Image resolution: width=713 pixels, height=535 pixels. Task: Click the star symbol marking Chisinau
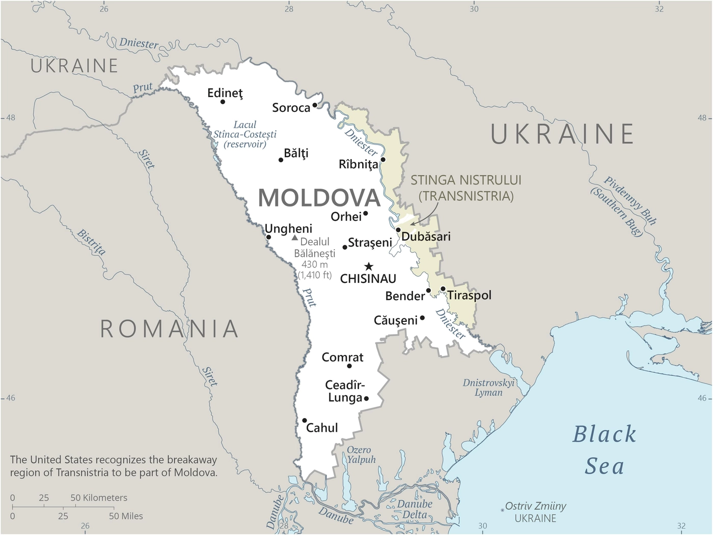pyautogui.click(x=369, y=266)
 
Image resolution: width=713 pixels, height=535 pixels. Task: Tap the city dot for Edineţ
pyautogui.click(x=223, y=102)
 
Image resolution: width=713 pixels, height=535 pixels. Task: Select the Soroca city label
pyautogui.click(x=291, y=108)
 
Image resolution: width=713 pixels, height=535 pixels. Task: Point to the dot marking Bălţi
pyautogui.click(x=281, y=160)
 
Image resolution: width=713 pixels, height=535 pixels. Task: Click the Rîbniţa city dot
pyautogui.click(x=383, y=160)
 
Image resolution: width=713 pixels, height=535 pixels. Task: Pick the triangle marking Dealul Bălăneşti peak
pyautogui.click(x=294, y=237)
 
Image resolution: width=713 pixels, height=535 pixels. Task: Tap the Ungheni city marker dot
pyautogui.click(x=268, y=237)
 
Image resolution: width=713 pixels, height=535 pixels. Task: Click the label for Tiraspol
pyautogui.click(x=469, y=295)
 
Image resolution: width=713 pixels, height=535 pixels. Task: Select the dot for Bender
pyautogui.click(x=429, y=290)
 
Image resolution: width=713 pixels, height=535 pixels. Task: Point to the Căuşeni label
pyautogui.click(x=395, y=320)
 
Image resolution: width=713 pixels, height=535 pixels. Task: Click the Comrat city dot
pyautogui.click(x=349, y=366)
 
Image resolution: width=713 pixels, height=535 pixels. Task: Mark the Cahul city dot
pyautogui.click(x=305, y=421)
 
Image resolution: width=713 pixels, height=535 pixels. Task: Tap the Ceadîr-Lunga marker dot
pyautogui.click(x=366, y=398)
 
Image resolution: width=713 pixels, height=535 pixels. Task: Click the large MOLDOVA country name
pyautogui.click(x=319, y=198)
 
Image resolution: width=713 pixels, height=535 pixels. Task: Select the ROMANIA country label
pyautogui.click(x=169, y=329)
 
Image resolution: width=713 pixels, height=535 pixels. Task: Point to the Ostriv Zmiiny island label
pyautogui.click(x=535, y=507)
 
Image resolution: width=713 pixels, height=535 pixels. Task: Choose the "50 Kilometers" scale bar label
pyautogui.click(x=99, y=498)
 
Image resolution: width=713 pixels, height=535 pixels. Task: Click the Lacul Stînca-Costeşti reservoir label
pyautogui.click(x=245, y=134)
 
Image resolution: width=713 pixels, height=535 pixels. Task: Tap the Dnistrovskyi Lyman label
pyautogui.click(x=488, y=388)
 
